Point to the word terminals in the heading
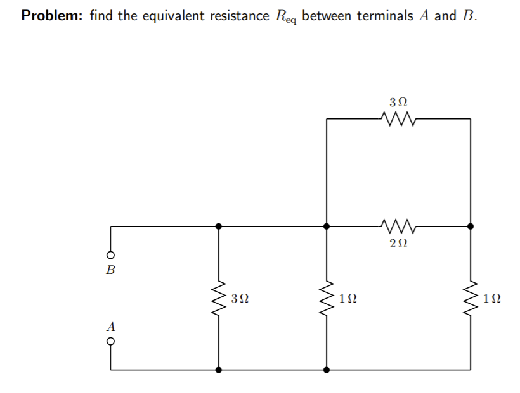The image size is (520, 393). (386, 16)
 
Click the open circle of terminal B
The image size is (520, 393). (111, 256)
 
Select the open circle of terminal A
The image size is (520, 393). (111, 342)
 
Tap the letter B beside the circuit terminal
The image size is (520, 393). (111, 271)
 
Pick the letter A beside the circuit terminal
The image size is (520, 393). (111, 327)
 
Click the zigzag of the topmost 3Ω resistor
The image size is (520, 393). (398, 118)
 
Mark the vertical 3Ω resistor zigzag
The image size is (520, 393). (219, 297)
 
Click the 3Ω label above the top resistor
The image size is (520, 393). (398, 101)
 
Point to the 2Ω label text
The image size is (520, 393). (398, 242)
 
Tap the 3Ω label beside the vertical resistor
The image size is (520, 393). (240, 297)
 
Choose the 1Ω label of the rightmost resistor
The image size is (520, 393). (492, 297)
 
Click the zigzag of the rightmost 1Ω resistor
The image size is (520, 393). (470, 297)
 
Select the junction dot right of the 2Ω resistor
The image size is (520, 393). (470, 225)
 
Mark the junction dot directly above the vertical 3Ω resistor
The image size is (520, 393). (219, 225)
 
